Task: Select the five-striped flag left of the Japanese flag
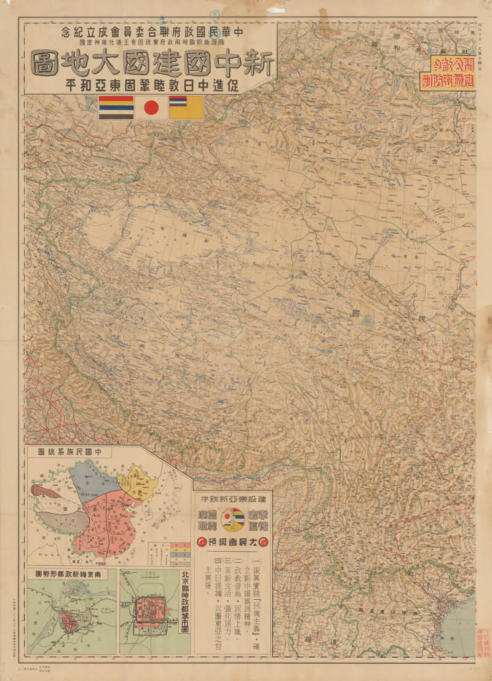pos(116,108)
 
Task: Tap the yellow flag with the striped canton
pos(186,108)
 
